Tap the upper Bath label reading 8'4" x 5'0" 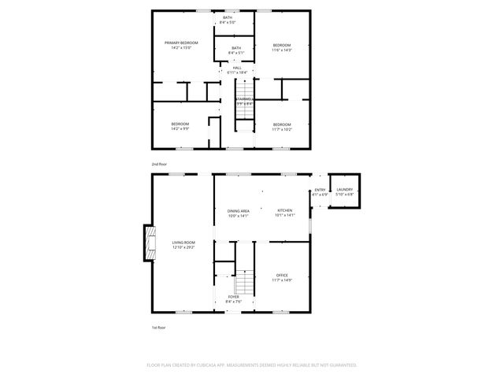pos(228,20)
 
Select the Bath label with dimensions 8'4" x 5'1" pos(234,50)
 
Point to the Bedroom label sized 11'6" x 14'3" pos(282,47)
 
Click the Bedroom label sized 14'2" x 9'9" pos(180,126)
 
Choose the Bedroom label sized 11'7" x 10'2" pos(282,126)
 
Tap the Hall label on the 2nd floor pos(236,70)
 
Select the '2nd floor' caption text pos(160,164)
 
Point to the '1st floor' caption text pos(159,327)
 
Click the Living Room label pos(183,244)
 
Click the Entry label pos(320,191)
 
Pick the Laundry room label pos(345,191)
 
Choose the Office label pos(282,277)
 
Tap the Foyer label pos(234,298)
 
